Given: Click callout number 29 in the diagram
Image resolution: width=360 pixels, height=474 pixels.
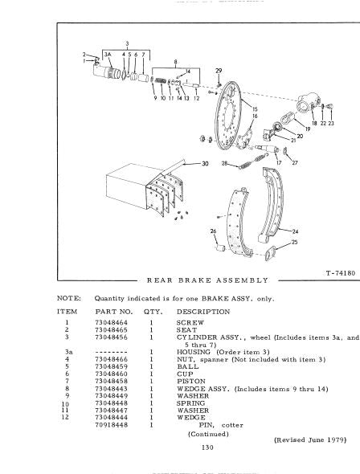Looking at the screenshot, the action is [x=219, y=71].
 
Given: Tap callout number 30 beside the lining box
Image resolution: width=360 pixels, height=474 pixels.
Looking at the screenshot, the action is [x=205, y=164].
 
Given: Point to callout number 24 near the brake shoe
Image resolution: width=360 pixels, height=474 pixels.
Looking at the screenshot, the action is [x=295, y=231].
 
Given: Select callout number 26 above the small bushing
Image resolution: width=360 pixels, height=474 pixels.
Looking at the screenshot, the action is [x=214, y=231].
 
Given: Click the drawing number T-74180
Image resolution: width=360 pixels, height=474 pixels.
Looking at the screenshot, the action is [x=341, y=273].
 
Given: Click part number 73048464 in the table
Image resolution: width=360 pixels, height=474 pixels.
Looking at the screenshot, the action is [x=111, y=322].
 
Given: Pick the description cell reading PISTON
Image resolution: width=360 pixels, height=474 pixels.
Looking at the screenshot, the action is [x=191, y=381].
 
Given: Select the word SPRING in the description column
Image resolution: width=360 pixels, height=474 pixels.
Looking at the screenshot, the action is [x=190, y=403].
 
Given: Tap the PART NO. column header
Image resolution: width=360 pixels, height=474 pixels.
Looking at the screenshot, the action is [x=114, y=312].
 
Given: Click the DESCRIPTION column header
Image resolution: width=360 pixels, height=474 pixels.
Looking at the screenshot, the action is [x=203, y=312].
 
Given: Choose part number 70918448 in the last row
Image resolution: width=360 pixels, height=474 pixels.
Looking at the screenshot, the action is [x=111, y=425].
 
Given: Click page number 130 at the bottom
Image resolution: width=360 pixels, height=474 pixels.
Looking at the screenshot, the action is [x=207, y=447].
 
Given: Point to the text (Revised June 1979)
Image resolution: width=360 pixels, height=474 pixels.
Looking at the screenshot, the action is [x=310, y=439].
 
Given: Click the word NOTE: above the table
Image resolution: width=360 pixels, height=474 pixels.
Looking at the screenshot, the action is [x=69, y=299].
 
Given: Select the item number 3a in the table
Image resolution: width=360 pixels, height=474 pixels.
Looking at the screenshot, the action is [x=68, y=352].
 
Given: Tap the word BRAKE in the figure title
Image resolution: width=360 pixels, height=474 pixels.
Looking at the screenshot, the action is [x=193, y=280].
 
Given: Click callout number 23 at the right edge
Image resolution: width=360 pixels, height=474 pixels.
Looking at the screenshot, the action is [x=331, y=124].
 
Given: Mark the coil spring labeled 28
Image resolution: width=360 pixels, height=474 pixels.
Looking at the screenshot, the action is [x=253, y=161].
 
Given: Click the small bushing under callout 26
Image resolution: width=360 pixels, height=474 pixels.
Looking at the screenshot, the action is [x=221, y=248].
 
